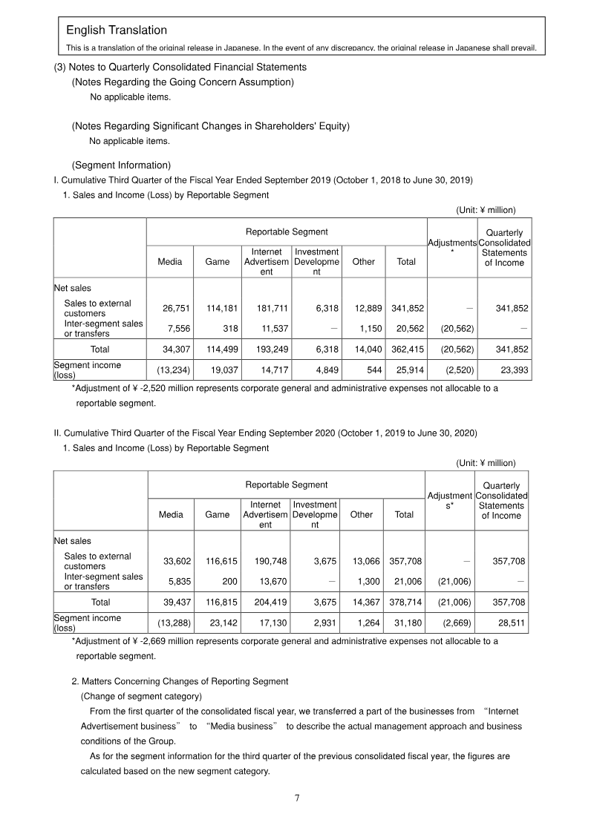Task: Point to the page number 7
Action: coord(297,798)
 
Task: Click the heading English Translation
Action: coord(117,30)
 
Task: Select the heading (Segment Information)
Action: coord(121,165)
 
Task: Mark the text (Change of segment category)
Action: coord(141,696)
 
